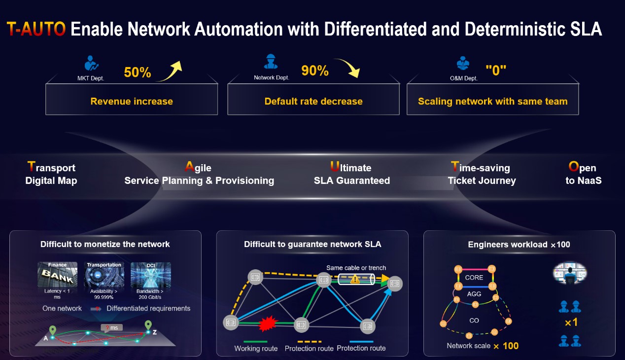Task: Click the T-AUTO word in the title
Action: click(x=36, y=29)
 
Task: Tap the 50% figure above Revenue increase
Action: click(x=137, y=72)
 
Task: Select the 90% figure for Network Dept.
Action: click(x=314, y=71)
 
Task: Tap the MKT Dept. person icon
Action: click(x=91, y=64)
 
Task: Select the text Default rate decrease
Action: click(x=313, y=102)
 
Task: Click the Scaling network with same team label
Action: click(x=492, y=102)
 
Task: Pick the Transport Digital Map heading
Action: click(x=51, y=174)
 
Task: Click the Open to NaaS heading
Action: click(x=583, y=174)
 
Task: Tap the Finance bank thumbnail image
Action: click(x=57, y=275)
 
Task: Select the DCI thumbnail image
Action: click(x=150, y=275)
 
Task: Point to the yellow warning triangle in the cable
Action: click(x=354, y=279)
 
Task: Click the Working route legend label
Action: click(x=256, y=348)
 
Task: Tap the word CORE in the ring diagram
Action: click(x=474, y=278)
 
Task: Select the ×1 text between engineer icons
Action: click(x=571, y=323)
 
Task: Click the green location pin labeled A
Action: click(x=53, y=330)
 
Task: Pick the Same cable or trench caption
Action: click(x=356, y=268)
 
